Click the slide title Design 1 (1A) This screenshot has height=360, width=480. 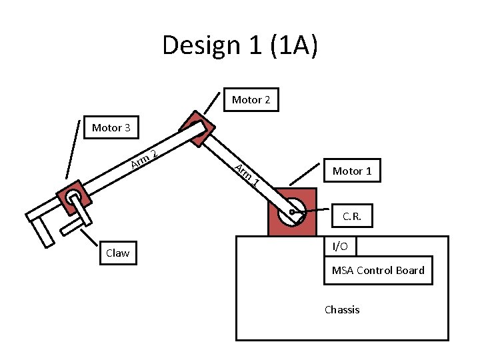pos(240,45)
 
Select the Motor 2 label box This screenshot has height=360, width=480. pos(251,100)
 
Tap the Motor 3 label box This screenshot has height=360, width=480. pos(111,127)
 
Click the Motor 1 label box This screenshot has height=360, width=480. pos(352,171)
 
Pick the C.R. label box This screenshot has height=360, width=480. pos(352,216)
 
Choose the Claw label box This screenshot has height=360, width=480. pos(117,253)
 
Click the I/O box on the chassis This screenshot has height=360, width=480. pos(340,247)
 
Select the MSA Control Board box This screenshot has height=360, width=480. pos(377,270)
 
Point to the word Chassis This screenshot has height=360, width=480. pos(341,309)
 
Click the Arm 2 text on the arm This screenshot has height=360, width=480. pos(144,159)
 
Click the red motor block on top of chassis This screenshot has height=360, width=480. pos(291,211)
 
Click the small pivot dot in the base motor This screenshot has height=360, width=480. pos(292,212)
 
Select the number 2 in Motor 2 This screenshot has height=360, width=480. pos(267,100)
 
